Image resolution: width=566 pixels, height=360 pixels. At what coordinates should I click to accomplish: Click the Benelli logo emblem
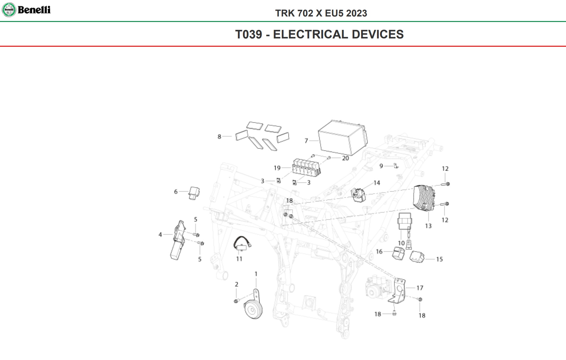pos(9,10)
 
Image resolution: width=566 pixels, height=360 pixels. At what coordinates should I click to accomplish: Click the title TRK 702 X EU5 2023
pos(321,13)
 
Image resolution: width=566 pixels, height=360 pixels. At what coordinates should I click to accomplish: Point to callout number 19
pos(277,168)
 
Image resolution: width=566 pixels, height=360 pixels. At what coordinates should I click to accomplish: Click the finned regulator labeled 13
pos(424,198)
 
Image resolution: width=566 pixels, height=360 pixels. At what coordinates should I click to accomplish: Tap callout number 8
pos(219,137)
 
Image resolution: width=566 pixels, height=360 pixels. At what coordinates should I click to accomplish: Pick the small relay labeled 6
pos(194,193)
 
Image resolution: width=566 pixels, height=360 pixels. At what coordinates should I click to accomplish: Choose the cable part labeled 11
pos(242,244)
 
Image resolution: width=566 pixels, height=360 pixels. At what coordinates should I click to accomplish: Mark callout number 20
pos(345,158)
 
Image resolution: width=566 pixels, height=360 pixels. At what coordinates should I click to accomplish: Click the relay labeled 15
pos(417,257)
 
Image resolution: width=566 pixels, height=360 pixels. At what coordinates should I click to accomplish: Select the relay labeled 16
pos(398,253)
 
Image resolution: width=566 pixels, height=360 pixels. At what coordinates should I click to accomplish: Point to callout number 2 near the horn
pos(236,284)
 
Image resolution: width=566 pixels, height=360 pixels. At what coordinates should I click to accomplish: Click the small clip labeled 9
pos(396,166)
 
